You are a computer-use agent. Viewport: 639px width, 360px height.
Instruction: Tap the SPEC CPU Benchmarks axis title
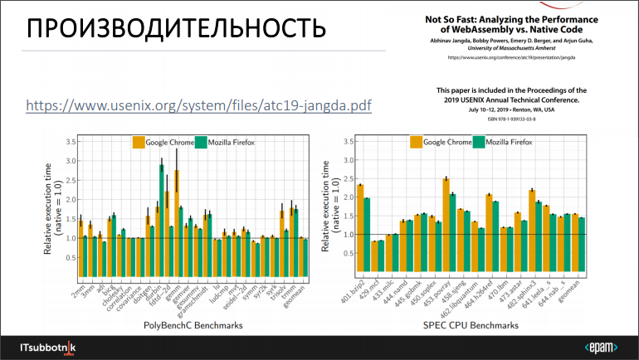476,326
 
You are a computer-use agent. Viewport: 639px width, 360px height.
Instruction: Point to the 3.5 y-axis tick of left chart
69,143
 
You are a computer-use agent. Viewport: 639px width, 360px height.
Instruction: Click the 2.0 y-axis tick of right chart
351,200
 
